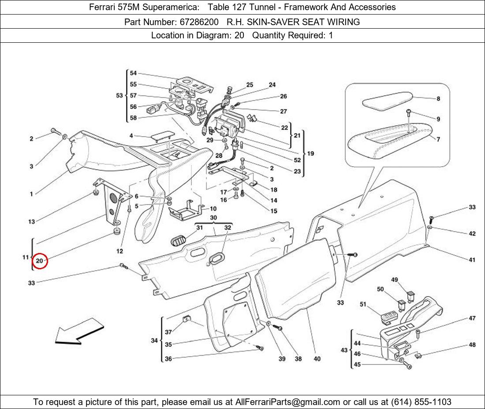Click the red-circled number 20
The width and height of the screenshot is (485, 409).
tap(40, 261)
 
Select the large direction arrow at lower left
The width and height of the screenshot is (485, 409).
tap(79, 332)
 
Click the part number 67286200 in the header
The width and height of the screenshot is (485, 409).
tap(199, 22)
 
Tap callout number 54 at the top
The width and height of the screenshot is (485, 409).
tap(133, 73)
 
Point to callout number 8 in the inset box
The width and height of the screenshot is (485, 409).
tap(438, 99)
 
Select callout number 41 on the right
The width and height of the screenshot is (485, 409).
tap(472, 260)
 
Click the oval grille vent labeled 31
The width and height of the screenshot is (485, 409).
tap(178, 240)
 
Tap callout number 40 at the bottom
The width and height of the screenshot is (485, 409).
tap(317, 359)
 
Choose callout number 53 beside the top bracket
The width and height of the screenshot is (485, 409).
tap(119, 96)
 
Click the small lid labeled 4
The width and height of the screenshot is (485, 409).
tap(163, 136)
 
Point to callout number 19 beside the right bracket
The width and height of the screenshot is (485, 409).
tap(310, 153)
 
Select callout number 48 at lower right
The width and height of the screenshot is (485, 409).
tap(472, 345)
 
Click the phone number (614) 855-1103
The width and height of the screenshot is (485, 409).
tap(421, 402)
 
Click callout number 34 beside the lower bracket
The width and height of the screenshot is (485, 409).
tap(154, 341)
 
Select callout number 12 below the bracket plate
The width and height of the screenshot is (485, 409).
tap(119, 251)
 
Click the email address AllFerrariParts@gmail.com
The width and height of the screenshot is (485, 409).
tap(287, 402)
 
